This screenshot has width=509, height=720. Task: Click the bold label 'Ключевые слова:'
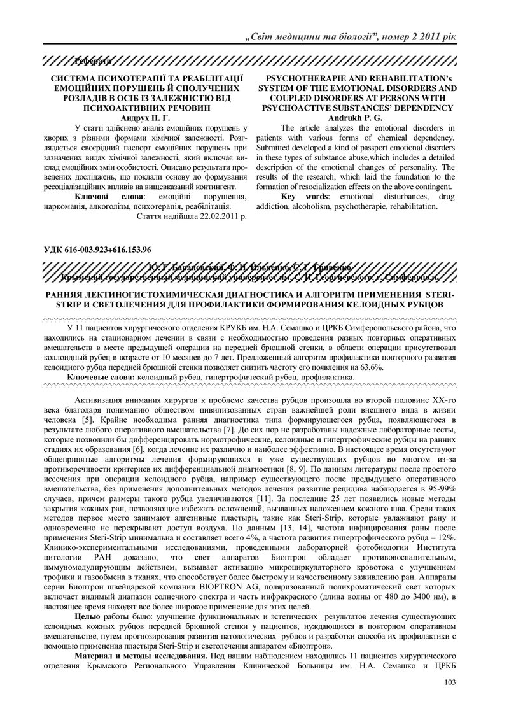101,378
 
